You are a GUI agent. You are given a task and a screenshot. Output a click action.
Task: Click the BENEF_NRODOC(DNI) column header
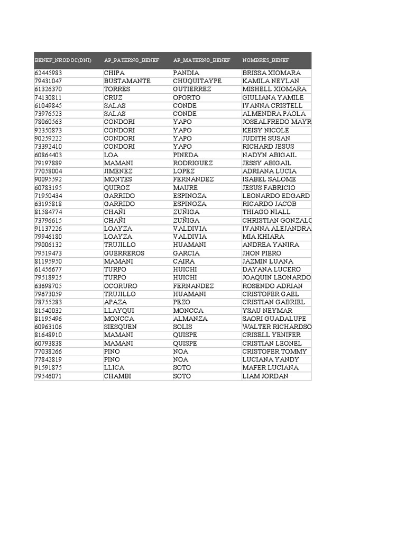(x=63, y=60)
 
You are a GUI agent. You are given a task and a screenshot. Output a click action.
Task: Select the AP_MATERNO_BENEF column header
(x=201, y=60)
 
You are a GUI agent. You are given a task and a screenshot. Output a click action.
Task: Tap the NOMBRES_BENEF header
(x=266, y=60)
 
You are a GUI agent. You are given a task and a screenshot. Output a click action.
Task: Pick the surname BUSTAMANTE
(x=127, y=81)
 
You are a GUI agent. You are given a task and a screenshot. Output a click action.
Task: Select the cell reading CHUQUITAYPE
(x=197, y=81)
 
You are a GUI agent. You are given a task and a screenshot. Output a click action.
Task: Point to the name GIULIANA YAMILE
(x=273, y=97)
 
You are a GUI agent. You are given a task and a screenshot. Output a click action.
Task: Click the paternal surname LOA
(x=110, y=155)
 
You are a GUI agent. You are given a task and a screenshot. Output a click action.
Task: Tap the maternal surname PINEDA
(x=186, y=155)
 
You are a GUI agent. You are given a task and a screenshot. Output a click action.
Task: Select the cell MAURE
(x=185, y=188)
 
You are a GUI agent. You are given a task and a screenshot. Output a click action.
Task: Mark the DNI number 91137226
(x=48, y=229)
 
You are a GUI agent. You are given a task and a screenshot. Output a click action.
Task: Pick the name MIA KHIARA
(x=263, y=237)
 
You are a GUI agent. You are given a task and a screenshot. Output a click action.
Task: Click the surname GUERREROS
(x=124, y=253)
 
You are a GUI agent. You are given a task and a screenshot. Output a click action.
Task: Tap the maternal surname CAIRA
(x=183, y=261)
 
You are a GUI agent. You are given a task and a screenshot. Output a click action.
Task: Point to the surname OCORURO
(x=121, y=286)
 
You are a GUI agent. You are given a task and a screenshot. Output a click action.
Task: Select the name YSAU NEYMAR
(x=267, y=311)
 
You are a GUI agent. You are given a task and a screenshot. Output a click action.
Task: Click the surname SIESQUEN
(x=120, y=327)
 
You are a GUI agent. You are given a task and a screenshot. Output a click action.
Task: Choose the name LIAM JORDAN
(x=265, y=376)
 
